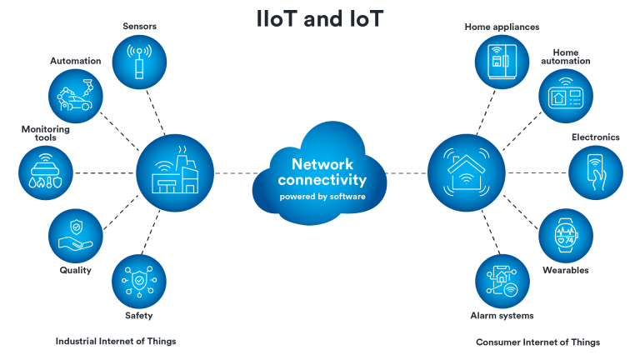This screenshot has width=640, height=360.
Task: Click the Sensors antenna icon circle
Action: point(139,62)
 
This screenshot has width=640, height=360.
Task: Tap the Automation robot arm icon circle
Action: point(76,96)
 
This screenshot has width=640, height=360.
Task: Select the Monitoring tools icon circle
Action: point(46,173)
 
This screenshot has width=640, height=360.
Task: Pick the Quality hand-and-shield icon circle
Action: point(76,236)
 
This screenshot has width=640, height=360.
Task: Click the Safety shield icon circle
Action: point(139,282)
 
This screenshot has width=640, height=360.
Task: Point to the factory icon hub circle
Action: point(175,173)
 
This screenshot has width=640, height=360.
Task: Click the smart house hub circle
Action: point(467,173)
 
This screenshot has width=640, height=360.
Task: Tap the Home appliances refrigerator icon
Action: point(502,62)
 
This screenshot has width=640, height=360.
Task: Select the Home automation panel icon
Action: point(566,96)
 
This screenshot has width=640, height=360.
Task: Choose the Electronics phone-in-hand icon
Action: point(596,173)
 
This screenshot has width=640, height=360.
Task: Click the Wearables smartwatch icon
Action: point(566,236)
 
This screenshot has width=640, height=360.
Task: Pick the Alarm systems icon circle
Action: point(502,282)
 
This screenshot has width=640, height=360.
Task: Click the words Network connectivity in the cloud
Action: point(322,172)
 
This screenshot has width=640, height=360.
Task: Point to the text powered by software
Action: point(322,197)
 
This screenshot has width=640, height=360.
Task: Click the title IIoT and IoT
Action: point(320,19)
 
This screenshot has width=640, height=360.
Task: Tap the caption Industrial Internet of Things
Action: point(116,341)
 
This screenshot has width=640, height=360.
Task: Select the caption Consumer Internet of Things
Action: point(538,342)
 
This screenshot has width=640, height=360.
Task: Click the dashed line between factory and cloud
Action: point(236,173)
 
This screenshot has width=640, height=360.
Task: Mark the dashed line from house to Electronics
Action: point(537,173)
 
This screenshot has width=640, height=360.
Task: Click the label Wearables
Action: point(566,270)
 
